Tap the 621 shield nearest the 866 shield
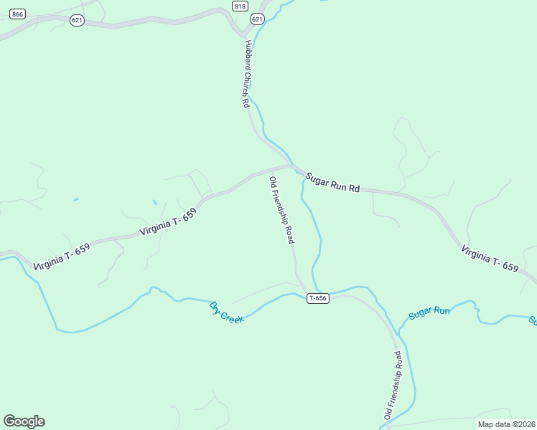pyautogui.click(x=77, y=20)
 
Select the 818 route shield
pyautogui.click(x=240, y=6)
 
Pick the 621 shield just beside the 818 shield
pyautogui.click(x=257, y=19)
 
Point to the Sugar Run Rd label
pyautogui.click(x=332, y=183)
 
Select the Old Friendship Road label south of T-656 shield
pyautogui.click(x=393, y=385)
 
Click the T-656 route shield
pyautogui.click(x=318, y=298)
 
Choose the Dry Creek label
pyautogui.click(x=227, y=312)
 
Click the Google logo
pyautogui.click(x=24, y=421)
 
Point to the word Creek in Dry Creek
pyautogui.click(x=233, y=315)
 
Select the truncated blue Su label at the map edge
pyautogui.click(x=533, y=320)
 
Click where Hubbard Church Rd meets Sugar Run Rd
pyautogui.click(x=291, y=167)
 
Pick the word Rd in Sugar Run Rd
pyautogui.click(x=353, y=189)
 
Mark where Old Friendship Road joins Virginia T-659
pyautogui.click(x=271, y=170)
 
